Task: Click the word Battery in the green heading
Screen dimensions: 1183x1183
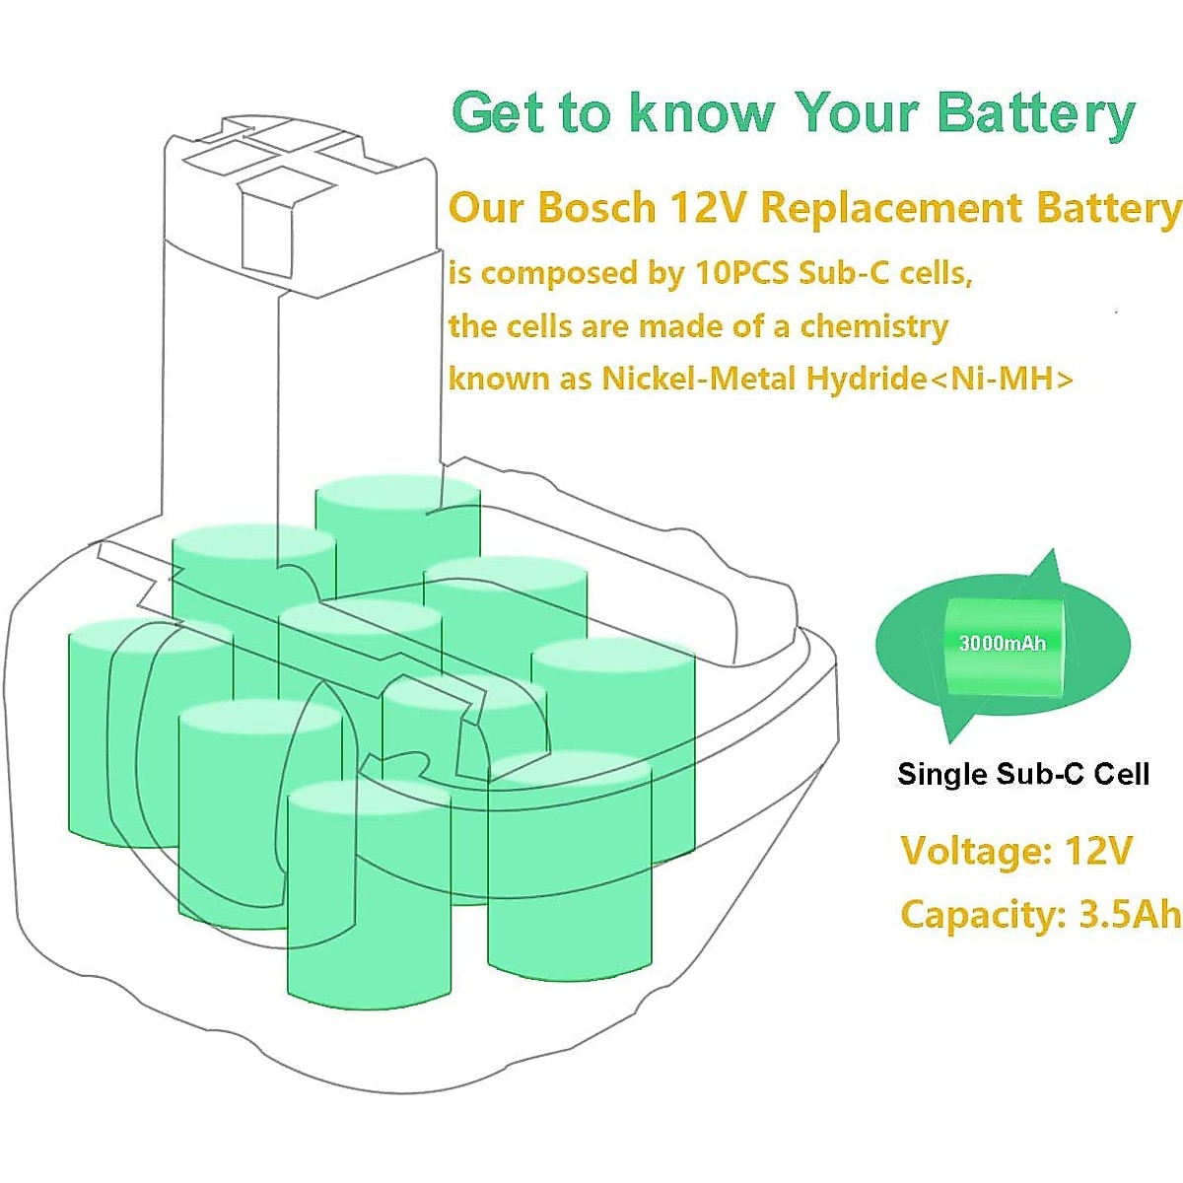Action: (x=1035, y=113)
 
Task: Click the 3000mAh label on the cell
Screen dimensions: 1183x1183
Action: (x=1002, y=643)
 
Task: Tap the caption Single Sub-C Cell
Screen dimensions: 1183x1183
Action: (x=1023, y=774)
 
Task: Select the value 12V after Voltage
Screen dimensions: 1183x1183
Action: (x=1099, y=850)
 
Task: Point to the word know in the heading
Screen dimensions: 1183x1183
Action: (x=701, y=113)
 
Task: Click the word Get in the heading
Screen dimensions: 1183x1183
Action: (x=499, y=113)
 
